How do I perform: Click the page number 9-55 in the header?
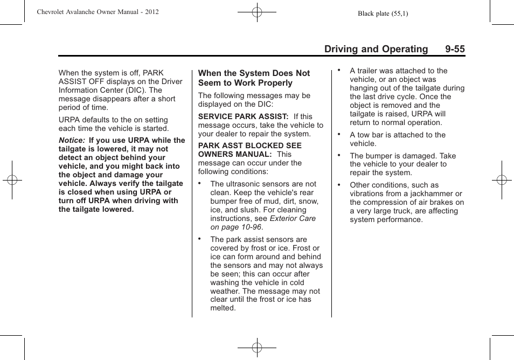(455, 49)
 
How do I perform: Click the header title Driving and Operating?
(376, 49)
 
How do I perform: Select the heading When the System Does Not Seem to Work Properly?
(254, 78)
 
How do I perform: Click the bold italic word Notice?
(72, 140)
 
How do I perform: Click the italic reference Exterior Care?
(293, 218)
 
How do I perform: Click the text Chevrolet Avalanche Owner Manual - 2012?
(98, 12)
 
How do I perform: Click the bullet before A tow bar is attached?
(339, 133)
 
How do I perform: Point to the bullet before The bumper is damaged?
(339, 154)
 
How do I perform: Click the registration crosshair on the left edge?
(12, 180)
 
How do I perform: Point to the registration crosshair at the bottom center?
(257, 348)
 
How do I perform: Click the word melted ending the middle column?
(223, 308)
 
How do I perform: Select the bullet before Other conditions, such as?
(339, 183)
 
